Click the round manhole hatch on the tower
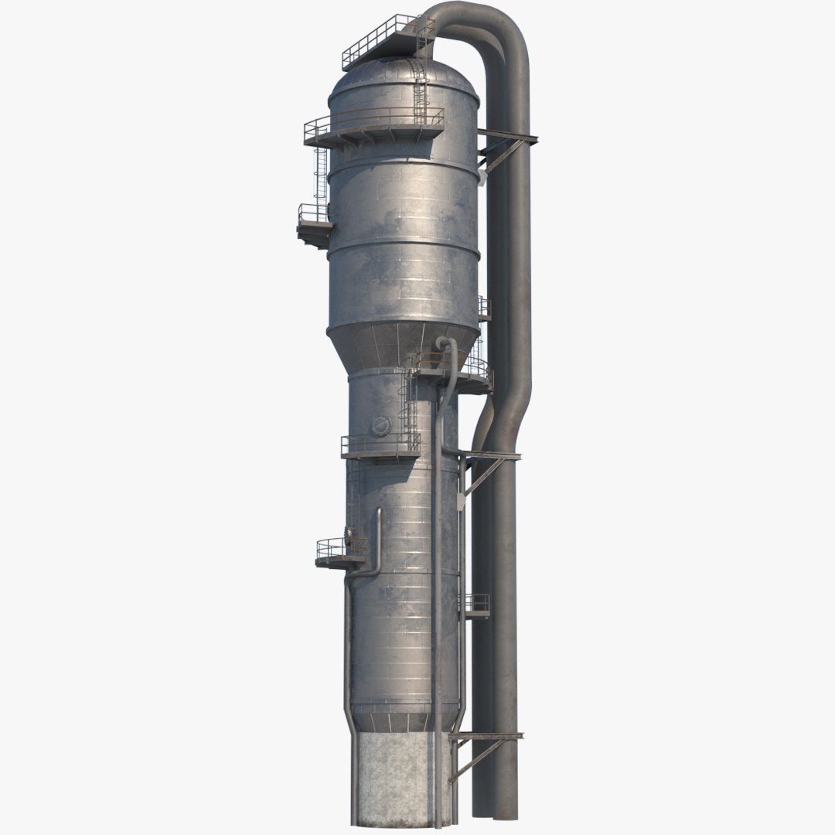[x=381, y=426]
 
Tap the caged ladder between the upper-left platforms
[x=321, y=174]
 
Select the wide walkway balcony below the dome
[x=371, y=131]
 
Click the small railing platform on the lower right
[x=475, y=605]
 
